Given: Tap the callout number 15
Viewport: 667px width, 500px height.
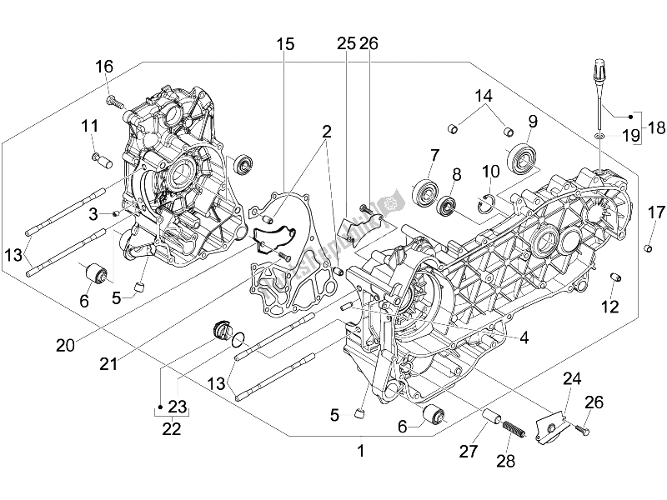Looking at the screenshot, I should tap(286, 45).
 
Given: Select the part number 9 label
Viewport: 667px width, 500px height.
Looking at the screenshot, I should tap(531, 122).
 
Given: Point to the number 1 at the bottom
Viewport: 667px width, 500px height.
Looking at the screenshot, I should tap(360, 451).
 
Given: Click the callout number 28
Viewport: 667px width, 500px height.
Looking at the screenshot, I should tap(505, 460).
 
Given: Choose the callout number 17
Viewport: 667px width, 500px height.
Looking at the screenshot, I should tap(654, 212).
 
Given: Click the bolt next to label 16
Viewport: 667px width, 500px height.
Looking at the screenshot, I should tap(115, 102).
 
